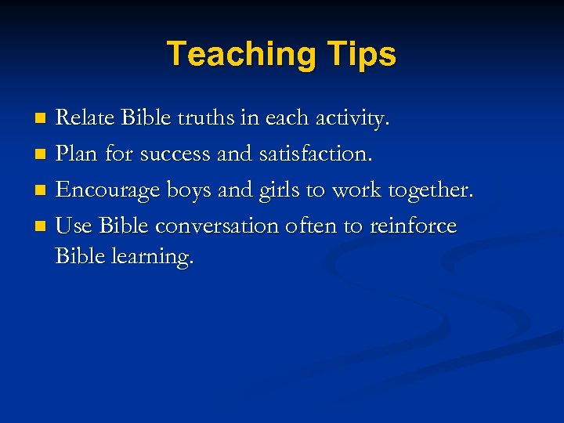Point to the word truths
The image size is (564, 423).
pos(206,118)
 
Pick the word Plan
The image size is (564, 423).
pos(77,154)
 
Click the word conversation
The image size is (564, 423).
pos(217,226)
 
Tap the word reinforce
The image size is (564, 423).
pos(413,226)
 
